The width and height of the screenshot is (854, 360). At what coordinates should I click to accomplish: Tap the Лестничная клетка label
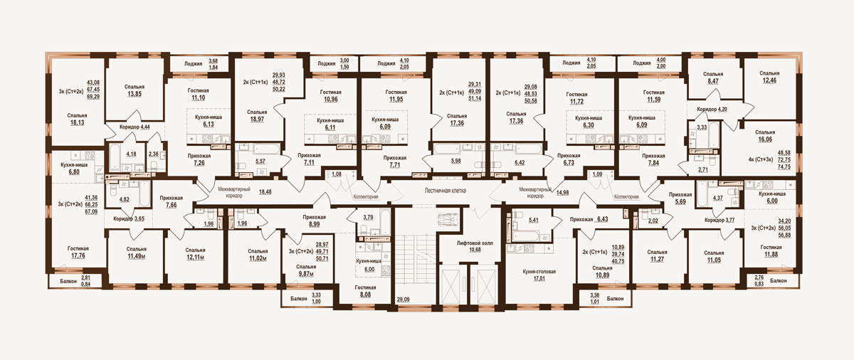[x=445, y=191]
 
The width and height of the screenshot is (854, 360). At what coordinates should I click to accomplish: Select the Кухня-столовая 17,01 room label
[x=539, y=275]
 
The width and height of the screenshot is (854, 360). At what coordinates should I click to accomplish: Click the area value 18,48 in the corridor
[x=265, y=192]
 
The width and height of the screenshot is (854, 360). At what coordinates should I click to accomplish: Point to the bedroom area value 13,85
[x=135, y=94]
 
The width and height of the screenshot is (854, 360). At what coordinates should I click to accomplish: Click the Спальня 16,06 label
[x=765, y=136]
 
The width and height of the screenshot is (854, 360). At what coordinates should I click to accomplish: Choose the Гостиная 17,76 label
[x=78, y=252]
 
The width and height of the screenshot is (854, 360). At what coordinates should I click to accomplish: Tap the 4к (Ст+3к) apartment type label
[x=761, y=159]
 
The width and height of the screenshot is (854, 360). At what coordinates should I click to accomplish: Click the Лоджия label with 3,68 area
[x=194, y=64]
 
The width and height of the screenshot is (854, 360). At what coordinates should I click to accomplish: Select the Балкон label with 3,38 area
[x=616, y=299]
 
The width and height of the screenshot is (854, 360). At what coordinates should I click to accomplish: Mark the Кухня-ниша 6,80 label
[x=74, y=169]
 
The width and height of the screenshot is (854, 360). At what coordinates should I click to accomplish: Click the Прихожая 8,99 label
[x=314, y=221]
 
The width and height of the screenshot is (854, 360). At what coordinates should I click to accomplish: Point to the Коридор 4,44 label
[x=135, y=127]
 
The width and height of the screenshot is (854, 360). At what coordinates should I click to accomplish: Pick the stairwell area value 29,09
[x=403, y=300]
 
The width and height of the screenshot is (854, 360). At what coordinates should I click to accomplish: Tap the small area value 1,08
[x=337, y=174]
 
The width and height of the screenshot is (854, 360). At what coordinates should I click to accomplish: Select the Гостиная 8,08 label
[x=365, y=291]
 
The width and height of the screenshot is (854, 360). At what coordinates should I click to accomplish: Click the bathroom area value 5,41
[x=533, y=220]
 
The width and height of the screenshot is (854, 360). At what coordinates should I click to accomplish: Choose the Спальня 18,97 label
[x=257, y=116]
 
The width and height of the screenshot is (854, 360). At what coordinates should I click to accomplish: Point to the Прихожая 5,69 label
[x=680, y=198]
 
